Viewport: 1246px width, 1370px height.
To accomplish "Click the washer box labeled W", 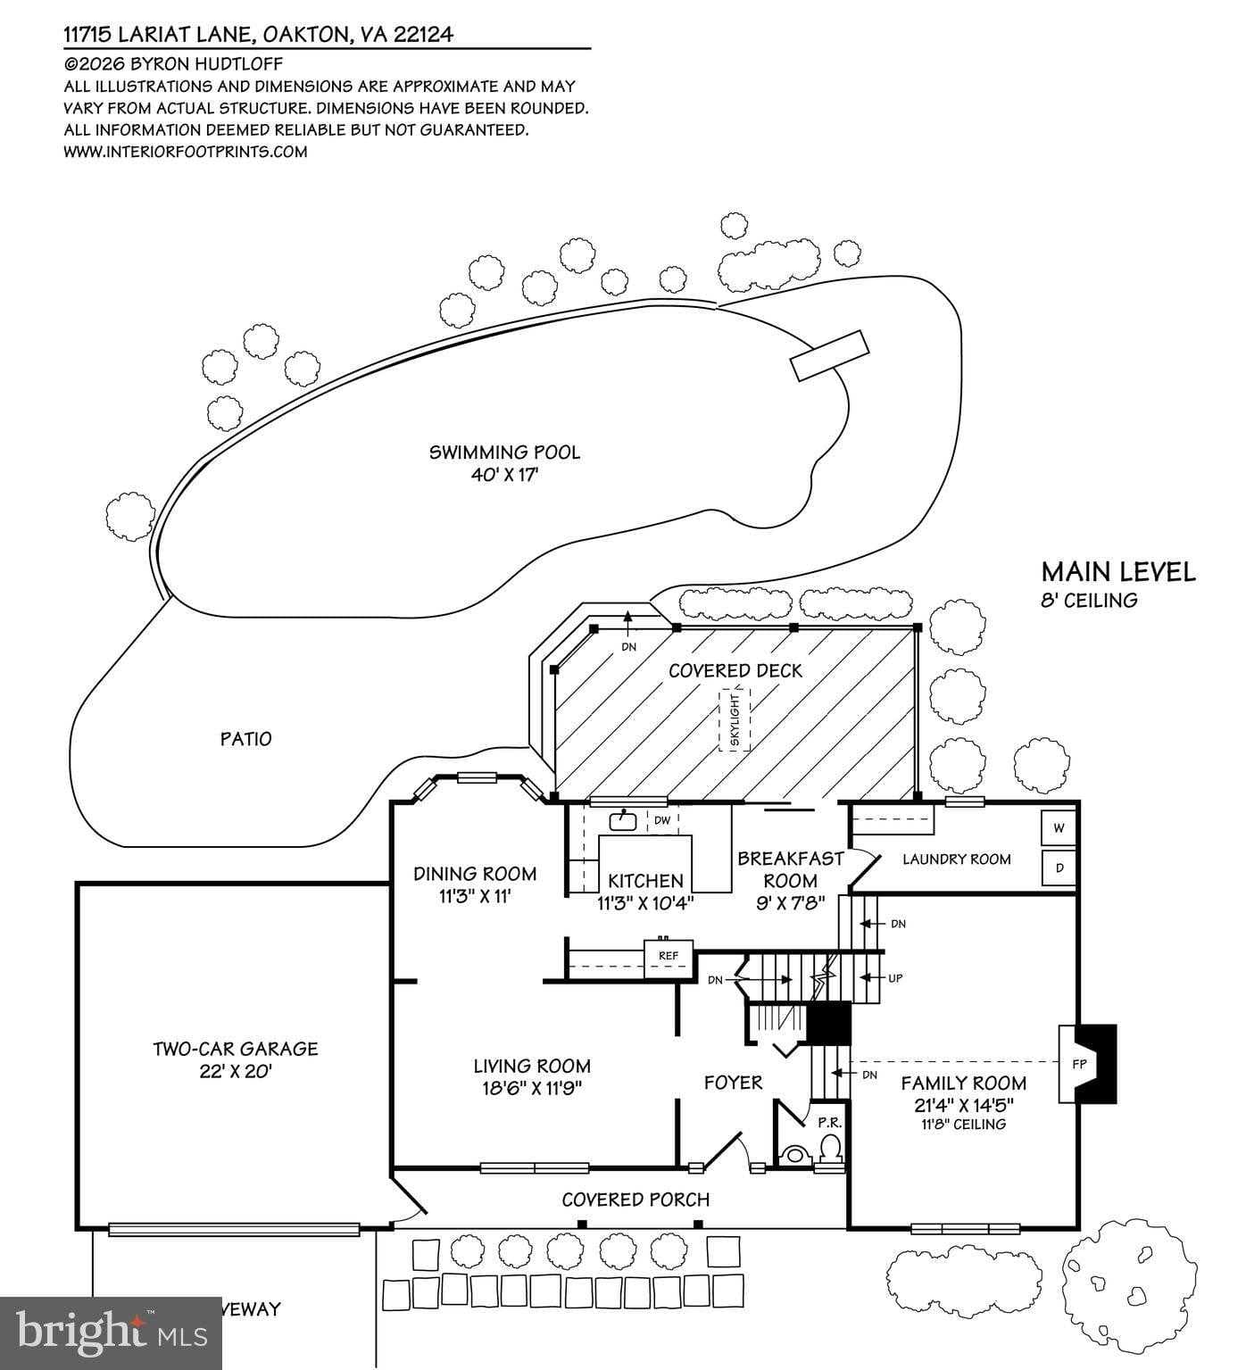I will coord(1059,827).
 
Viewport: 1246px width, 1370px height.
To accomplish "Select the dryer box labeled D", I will coord(1059,867).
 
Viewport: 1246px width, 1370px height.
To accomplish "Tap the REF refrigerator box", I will coord(669,956).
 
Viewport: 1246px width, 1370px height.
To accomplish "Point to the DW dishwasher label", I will coord(662,820).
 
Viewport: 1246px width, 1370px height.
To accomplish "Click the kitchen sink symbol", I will coord(622,819).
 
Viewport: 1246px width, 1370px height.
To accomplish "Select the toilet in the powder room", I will coord(830,1148).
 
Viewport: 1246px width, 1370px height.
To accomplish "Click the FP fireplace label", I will coord(1078,1064).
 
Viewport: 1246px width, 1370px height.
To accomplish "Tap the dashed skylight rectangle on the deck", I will coord(735,718).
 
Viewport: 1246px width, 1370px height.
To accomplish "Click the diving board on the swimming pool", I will coord(829,355).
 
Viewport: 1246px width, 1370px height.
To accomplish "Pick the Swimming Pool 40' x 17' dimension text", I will coord(504,475).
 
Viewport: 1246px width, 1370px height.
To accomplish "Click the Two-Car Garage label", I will coord(235,1050).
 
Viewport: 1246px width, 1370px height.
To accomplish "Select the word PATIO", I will coord(246,739).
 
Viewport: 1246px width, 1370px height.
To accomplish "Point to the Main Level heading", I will coord(1118,572).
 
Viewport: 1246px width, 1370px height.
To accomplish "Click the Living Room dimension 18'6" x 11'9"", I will coord(532,1088).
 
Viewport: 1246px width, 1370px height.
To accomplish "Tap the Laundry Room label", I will coord(956,859).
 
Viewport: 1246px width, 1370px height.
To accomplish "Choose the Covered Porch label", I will coord(635,1200).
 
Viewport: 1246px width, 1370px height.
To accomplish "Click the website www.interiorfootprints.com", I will coord(186,152).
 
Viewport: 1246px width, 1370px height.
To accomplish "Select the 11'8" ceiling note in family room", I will coord(963,1125).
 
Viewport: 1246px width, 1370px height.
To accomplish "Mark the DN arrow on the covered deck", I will coord(628,629).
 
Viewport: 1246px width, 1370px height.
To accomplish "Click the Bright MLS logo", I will coord(112,1333).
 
